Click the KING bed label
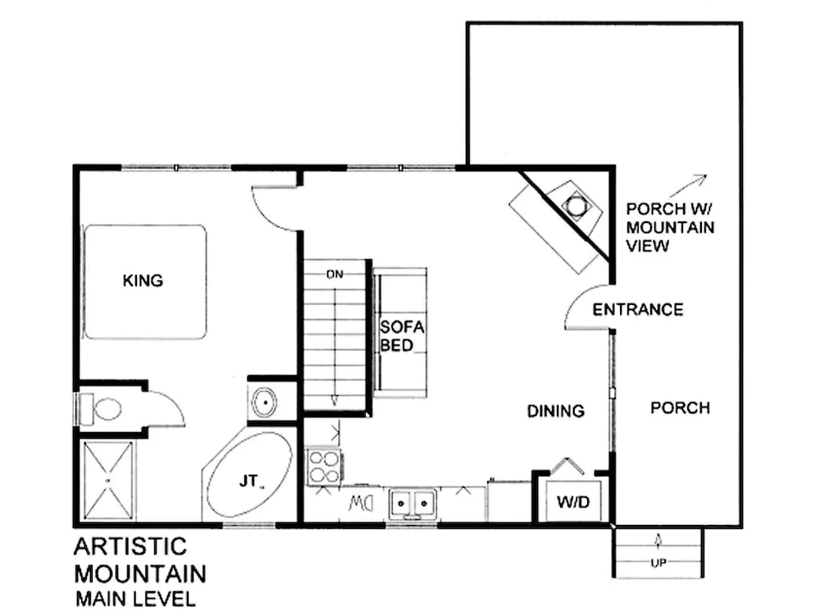point(143,280)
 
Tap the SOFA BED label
point(402,335)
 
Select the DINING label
point(556,411)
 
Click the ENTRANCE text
point(637,309)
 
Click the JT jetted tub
point(248,481)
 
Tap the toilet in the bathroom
point(101,408)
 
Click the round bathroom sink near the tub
point(264,403)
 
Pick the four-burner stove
point(323,466)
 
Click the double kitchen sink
point(412,501)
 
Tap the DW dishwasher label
point(362,501)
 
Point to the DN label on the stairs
point(334,274)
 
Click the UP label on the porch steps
point(658,564)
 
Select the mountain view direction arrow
point(693,182)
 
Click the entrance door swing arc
point(586,307)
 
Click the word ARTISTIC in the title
point(130,546)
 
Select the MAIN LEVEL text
point(135,599)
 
